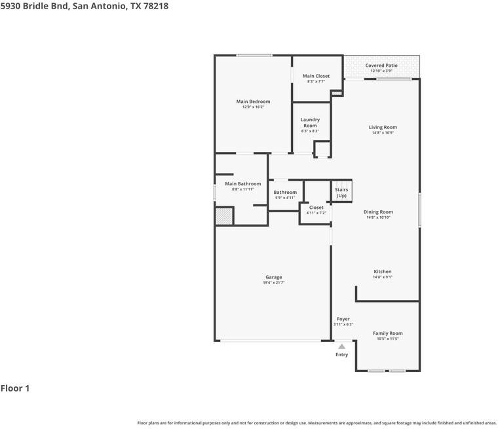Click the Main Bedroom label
point(253,102)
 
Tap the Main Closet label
point(316,76)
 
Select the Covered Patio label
point(381,65)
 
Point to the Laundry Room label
point(310,122)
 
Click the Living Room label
point(383,127)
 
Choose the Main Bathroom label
point(242,184)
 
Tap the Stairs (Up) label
point(341,193)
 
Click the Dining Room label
point(378,212)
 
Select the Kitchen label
point(383,272)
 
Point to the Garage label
point(273,277)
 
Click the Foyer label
point(343,319)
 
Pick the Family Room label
point(388,333)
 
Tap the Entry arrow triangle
point(341,346)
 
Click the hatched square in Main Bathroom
point(224,216)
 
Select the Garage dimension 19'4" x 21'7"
point(273,282)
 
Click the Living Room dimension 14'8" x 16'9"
point(383,133)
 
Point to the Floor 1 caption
point(15,388)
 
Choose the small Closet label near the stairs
point(316,208)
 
